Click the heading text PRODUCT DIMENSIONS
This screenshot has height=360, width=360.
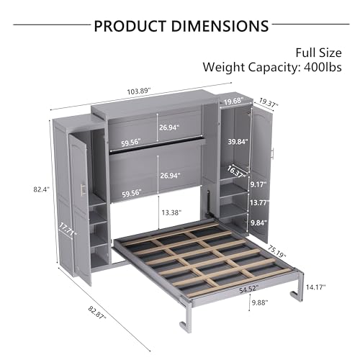(180, 26)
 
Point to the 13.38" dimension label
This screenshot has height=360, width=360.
(172, 213)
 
